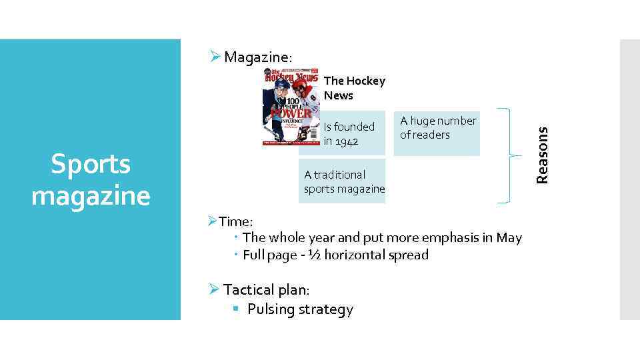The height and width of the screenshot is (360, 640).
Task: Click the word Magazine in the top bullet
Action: click(254, 57)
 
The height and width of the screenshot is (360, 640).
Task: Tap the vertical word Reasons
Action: click(543, 155)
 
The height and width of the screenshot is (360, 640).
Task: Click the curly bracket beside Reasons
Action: click(510, 155)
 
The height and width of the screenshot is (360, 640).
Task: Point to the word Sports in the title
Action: click(91, 164)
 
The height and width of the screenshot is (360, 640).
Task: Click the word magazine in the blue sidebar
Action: click(91, 196)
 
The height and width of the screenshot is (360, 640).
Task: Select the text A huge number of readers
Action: click(437, 128)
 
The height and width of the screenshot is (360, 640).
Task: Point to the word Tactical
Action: click(249, 289)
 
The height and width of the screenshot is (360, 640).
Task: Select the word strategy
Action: click(327, 309)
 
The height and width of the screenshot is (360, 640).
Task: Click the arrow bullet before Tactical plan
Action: click(213, 289)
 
